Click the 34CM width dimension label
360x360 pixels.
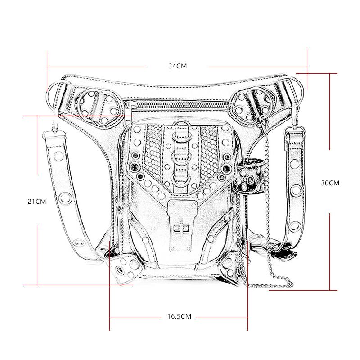coord(178,66)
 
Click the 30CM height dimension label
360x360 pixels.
coord(330,183)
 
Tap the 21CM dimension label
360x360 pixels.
coord(37,201)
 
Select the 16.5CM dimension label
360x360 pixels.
coord(179,316)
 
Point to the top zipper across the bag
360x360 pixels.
coord(179,105)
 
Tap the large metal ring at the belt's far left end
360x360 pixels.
coord(53,96)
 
